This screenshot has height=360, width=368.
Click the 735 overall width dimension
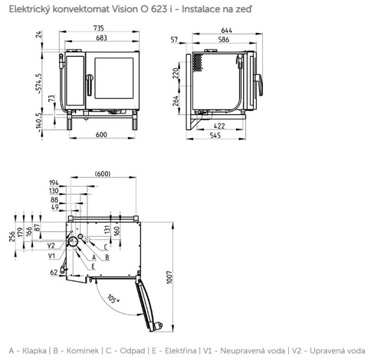click(101, 28)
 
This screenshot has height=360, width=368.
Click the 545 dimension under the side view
click(217, 135)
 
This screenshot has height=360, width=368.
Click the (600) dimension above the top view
click(102, 173)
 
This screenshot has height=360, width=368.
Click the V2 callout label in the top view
click(52, 245)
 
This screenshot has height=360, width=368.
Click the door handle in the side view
click(259, 85)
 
